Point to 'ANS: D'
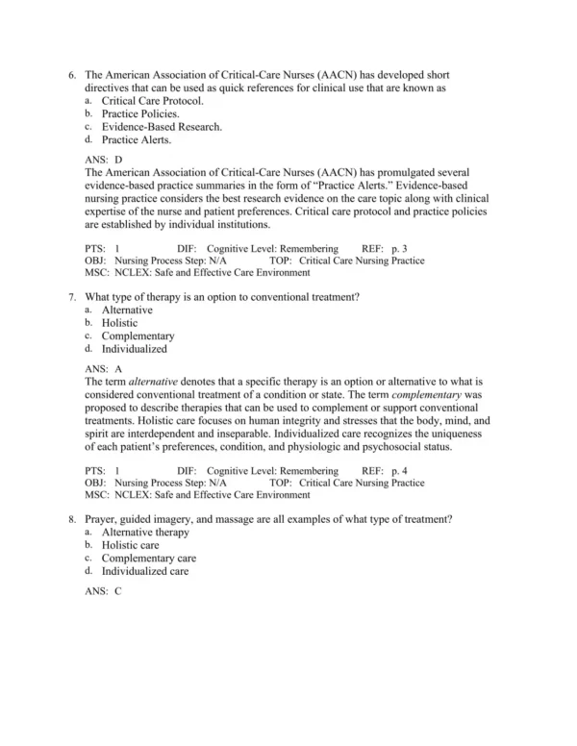[104, 160]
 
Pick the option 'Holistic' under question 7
[120, 324]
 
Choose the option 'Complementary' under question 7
[138, 336]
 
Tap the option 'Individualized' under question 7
[135, 350]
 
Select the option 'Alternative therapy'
[146, 533]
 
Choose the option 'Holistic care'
[131, 545]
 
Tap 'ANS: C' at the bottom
[104, 591]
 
